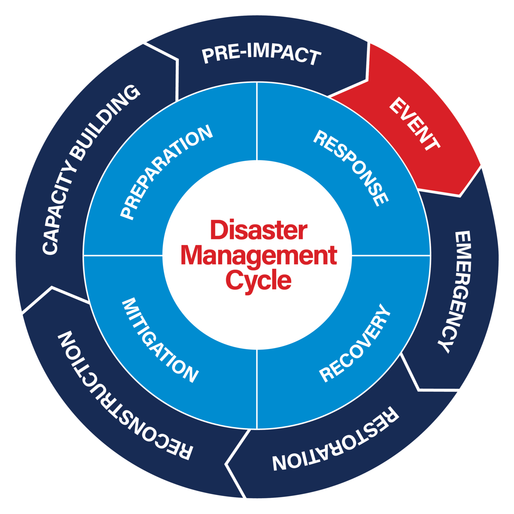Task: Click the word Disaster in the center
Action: click(x=258, y=231)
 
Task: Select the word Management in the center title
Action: click(x=259, y=256)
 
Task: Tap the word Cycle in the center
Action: click(x=258, y=280)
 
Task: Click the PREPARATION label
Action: click(x=166, y=172)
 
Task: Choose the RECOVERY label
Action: click(x=355, y=343)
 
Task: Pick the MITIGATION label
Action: click(x=160, y=340)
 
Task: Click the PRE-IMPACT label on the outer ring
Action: click(x=261, y=55)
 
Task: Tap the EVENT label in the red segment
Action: click(x=414, y=124)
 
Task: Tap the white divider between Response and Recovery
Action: click(x=391, y=255)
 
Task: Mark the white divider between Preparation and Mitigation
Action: click(x=123, y=255)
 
